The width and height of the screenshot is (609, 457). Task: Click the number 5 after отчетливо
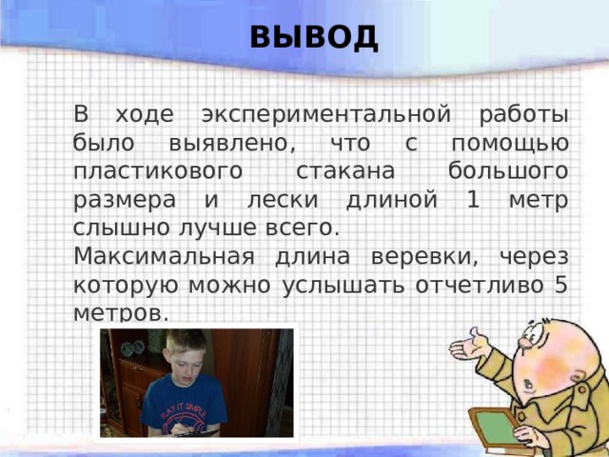[561, 286]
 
